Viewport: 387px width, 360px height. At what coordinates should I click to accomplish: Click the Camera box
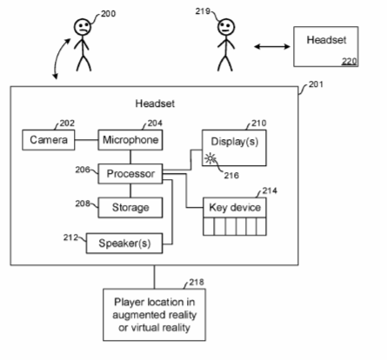tap(49, 140)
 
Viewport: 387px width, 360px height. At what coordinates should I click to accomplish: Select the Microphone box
tap(130, 140)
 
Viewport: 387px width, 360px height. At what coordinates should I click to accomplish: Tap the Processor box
tap(130, 174)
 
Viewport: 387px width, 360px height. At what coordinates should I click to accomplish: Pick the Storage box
tap(130, 208)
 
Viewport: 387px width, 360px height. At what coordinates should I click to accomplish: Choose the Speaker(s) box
tap(124, 243)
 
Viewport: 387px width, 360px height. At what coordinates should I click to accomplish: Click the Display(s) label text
tap(235, 142)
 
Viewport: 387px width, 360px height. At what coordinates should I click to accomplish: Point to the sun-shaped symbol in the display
tap(210, 159)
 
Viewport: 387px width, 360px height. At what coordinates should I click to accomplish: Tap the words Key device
tap(235, 208)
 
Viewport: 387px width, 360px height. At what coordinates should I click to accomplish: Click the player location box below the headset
tap(154, 315)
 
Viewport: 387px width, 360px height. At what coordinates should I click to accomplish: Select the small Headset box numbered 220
tap(326, 47)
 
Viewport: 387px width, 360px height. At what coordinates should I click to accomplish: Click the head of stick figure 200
tap(83, 27)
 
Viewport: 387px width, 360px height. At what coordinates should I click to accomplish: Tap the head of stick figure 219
tap(226, 27)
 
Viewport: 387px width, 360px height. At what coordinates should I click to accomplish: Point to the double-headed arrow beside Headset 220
tap(272, 46)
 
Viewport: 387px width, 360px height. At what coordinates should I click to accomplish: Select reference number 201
tap(316, 84)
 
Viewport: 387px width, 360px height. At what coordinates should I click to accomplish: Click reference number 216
tap(231, 176)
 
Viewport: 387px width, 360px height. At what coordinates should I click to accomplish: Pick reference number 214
tap(270, 190)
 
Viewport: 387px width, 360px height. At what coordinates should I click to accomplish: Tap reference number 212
tap(70, 237)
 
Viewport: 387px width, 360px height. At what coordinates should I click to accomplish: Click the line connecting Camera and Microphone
tap(86, 140)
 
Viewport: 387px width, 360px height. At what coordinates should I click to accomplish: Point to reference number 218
tap(197, 282)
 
